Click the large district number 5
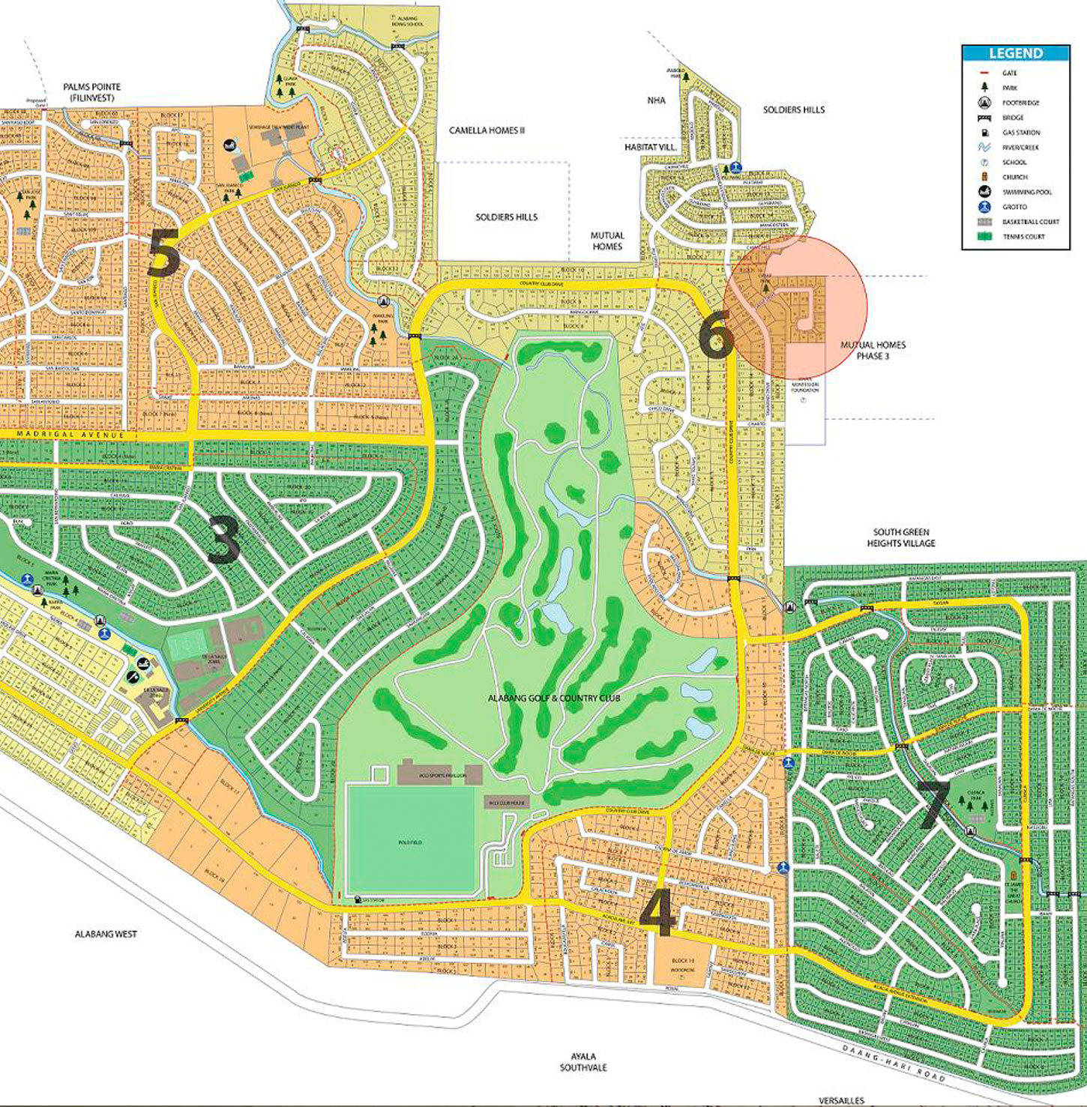tap(163, 253)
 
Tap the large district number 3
tap(223, 541)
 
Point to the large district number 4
tap(657, 915)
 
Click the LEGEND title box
tap(1015, 53)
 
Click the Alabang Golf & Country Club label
tap(554, 699)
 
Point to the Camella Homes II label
tap(487, 130)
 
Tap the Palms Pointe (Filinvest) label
tap(91, 92)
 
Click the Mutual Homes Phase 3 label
tap(873, 350)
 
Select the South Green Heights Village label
tap(901, 537)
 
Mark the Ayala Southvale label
tap(583, 1062)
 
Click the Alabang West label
tap(106, 934)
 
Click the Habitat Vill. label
tap(650, 148)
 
